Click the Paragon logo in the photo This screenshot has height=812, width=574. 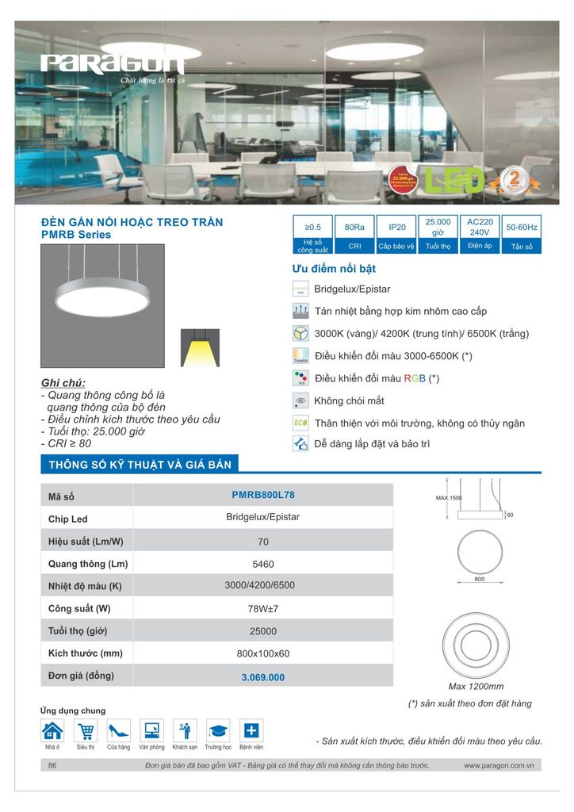113,64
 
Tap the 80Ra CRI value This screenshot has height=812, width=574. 354,227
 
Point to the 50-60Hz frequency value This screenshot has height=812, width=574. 522,227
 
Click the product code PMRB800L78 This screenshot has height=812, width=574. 263,495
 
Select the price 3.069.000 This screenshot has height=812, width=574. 263,677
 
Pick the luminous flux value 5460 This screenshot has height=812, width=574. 263,565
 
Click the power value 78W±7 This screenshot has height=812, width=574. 263,609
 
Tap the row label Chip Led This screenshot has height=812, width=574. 68,519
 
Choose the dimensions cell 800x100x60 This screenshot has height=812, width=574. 263,654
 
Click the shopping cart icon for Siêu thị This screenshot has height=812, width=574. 86,730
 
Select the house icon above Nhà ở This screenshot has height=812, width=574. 52,730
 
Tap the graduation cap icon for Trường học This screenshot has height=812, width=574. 218,730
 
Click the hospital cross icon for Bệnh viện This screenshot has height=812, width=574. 251,730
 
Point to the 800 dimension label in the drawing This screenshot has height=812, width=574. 480,580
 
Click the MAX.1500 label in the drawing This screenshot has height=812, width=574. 449,498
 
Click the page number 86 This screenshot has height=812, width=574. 52,765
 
